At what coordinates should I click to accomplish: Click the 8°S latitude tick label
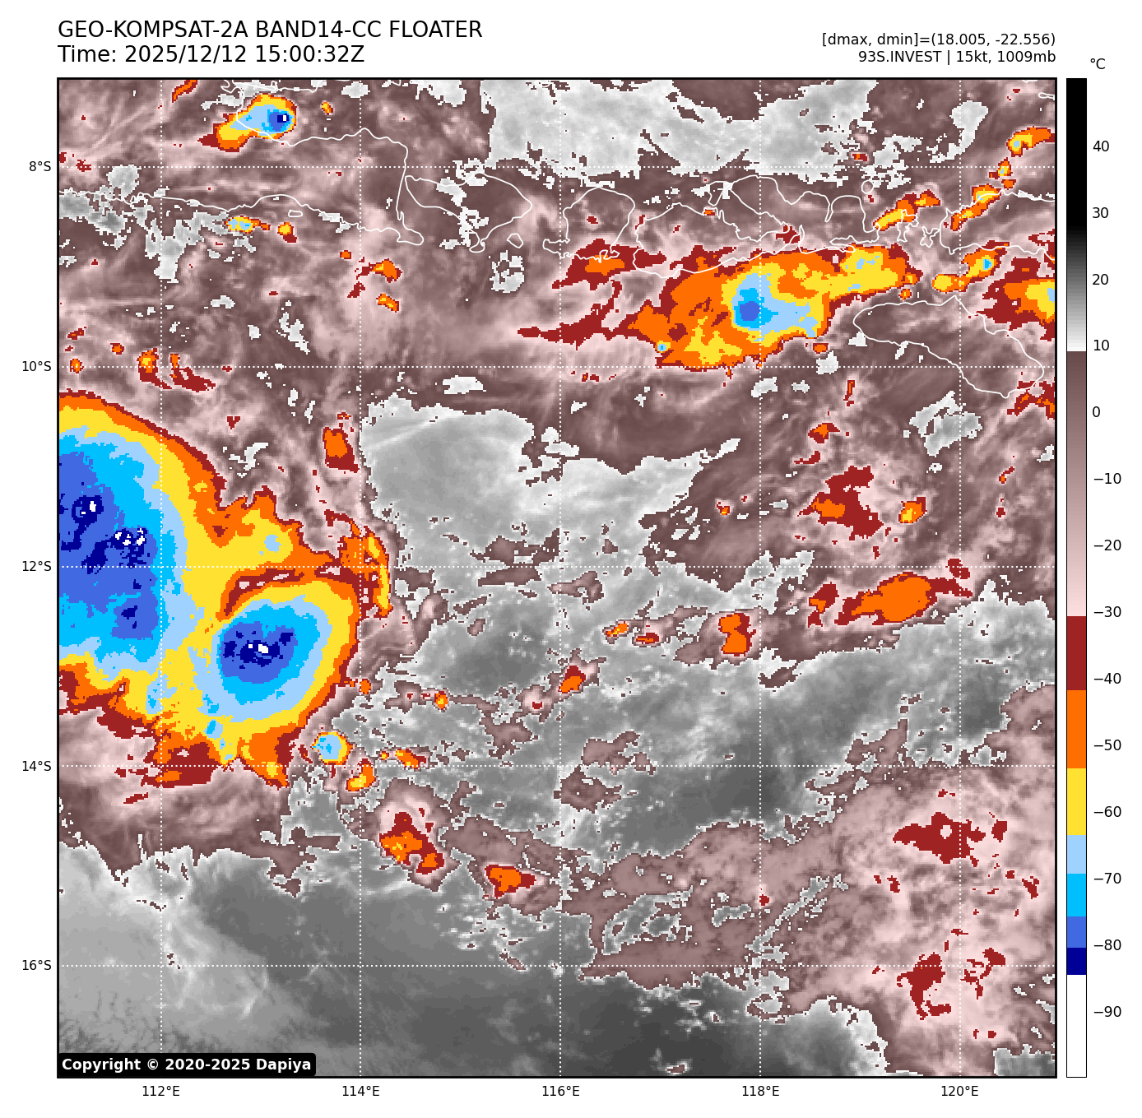(39, 167)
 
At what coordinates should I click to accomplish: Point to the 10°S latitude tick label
(36, 367)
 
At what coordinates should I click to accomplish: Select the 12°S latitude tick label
(36, 567)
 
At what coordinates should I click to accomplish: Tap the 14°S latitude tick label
(36, 767)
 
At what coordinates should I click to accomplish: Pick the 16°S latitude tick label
(36, 966)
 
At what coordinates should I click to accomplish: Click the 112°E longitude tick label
(160, 1092)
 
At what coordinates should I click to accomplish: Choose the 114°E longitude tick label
(360, 1092)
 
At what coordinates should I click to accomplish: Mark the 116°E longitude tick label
(560, 1092)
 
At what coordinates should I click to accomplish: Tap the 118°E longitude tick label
(760, 1092)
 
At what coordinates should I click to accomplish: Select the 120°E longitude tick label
(959, 1092)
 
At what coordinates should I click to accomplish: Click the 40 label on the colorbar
(1101, 147)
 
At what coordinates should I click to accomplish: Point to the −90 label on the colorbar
(1107, 1012)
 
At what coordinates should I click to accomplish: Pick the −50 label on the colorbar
(1107, 746)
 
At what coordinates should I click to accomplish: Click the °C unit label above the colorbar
(1098, 64)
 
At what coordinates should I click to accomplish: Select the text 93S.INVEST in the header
(899, 57)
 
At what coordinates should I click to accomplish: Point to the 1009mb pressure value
(1026, 57)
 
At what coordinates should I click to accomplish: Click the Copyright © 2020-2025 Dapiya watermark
(187, 1065)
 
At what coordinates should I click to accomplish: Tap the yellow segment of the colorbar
(1076, 802)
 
